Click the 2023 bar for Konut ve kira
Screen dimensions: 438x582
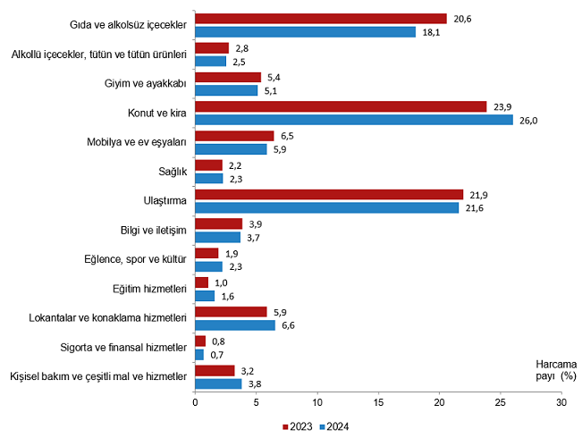point(341,106)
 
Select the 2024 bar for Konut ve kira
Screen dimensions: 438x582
point(354,120)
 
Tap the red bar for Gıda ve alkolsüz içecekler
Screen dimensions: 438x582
point(321,19)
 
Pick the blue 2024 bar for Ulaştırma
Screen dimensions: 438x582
point(327,207)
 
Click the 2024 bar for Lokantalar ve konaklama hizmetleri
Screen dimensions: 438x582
point(235,324)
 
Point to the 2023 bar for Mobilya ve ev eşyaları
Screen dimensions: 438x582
point(234,136)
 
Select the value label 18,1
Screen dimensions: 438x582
point(431,32)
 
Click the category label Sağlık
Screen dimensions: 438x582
point(172,172)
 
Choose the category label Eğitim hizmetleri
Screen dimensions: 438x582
point(148,289)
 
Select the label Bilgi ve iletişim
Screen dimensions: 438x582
point(153,230)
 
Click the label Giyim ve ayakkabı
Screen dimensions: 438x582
point(146,84)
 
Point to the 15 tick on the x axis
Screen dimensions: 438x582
point(378,402)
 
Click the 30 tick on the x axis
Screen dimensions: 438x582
point(561,402)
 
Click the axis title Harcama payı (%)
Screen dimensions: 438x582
point(555,371)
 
